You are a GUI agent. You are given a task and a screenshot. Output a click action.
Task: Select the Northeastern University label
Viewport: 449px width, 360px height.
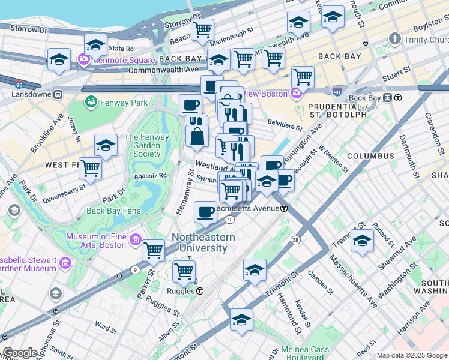pyautogui.click(x=203, y=242)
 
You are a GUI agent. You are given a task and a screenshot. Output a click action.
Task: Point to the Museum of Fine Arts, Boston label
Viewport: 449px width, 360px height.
pyautogui.click(x=96, y=241)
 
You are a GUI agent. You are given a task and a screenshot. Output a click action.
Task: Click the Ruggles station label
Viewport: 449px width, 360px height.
pyautogui.click(x=179, y=291)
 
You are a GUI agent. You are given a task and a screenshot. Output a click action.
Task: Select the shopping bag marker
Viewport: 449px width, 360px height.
pyautogui.click(x=197, y=136)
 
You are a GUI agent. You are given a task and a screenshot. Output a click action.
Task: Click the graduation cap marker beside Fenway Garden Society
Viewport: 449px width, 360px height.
pyautogui.click(x=106, y=145)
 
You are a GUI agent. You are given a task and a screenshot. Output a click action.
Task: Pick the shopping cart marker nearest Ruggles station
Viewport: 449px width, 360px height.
pyautogui.click(x=184, y=271)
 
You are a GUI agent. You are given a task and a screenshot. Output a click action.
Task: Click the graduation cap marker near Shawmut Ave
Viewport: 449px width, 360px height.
pyautogui.click(x=362, y=240)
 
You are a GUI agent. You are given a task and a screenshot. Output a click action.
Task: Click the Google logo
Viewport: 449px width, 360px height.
pyautogui.click(x=20, y=353)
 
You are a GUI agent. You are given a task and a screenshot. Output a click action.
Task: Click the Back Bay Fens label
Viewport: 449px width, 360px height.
pyautogui.click(x=112, y=211)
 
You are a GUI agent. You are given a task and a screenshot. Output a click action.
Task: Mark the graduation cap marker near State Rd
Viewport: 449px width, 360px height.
pyautogui.click(x=95, y=44)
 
